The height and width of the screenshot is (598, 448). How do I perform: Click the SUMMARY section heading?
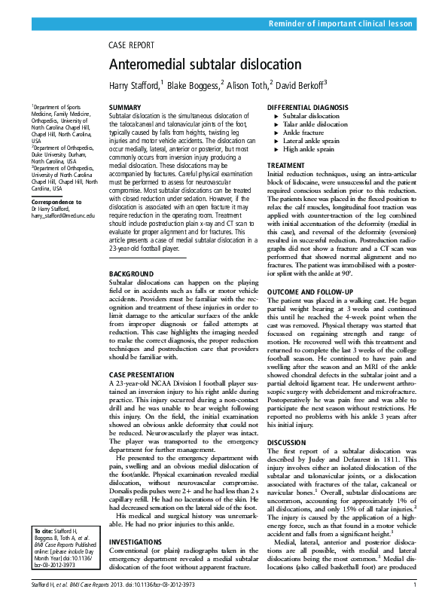(125, 108)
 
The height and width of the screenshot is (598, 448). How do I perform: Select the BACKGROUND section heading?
(132, 273)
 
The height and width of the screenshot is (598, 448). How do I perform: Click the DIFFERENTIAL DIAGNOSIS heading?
(308, 108)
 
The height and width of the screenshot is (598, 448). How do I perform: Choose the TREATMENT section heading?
(286, 165)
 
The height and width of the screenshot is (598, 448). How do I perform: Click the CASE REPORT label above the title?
(132, 46)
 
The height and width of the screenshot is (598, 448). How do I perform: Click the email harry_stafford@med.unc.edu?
(63, 215)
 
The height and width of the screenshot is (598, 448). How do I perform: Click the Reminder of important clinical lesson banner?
(341, 24)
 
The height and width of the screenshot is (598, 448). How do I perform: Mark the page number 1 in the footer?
(415, 584)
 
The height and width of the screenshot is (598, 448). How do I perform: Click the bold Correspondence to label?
(56, 203)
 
